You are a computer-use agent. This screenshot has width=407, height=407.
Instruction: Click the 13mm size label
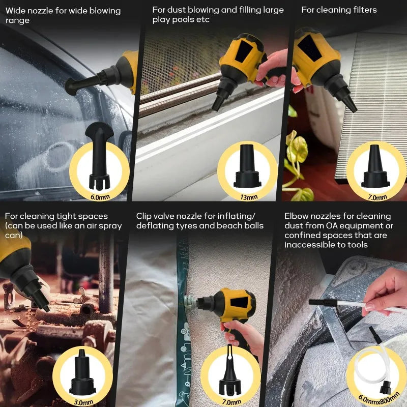click(x=249, y=197)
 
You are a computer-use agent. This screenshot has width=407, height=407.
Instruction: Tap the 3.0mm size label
click(x=83, y=402)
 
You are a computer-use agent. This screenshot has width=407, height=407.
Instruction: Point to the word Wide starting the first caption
click(x=16, y=11)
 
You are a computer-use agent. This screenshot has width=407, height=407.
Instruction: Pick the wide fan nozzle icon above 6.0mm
click(x=99, y=156)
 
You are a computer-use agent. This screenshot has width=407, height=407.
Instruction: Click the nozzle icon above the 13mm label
click(x=247, y=166)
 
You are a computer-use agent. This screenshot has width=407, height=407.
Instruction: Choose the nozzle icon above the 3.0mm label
click(x=82, y=371)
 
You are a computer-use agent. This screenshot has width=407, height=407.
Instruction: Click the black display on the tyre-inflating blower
click(x=239, y=302)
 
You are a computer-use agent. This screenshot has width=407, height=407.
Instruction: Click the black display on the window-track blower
click(x=243, y=51)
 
